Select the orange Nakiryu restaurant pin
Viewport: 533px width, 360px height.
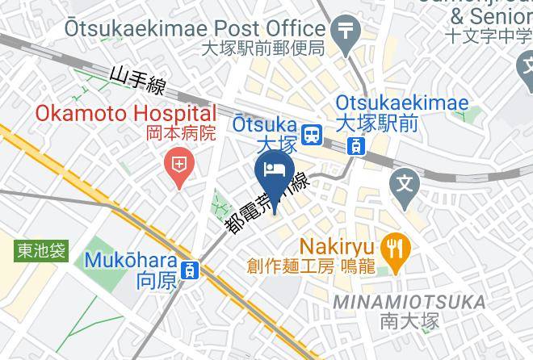tap(395, 246)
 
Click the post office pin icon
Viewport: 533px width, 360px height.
tap(347, 32)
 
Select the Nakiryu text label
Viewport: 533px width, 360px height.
tap(337, 245)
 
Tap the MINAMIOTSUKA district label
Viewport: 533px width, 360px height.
tap(409, 302)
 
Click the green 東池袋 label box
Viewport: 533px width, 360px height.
tap(42, 251)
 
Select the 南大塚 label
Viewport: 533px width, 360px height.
tap(409, 321)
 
